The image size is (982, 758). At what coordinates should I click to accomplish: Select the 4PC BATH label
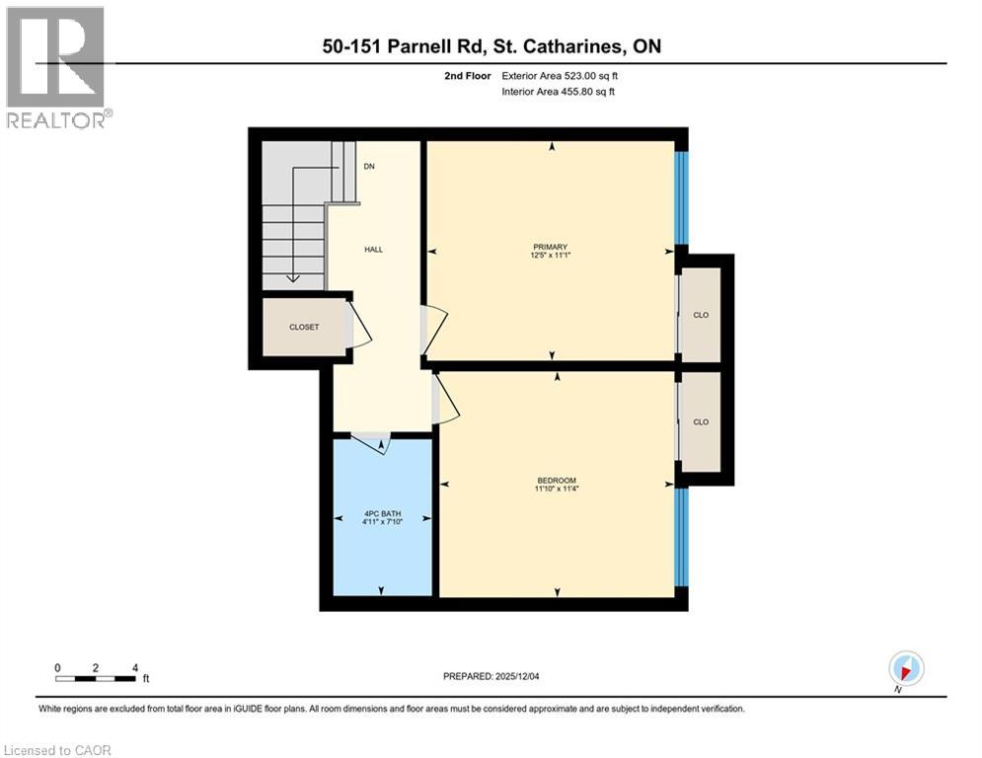(383, 517)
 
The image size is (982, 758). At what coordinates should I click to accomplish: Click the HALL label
(373, 250)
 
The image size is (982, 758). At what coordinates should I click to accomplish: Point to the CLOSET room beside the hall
(303, 327)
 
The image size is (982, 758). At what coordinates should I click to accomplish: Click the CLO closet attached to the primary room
(701, 315)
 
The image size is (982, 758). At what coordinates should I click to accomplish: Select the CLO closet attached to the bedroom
(701, 421)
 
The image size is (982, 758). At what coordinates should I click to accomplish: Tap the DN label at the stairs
(369, 167)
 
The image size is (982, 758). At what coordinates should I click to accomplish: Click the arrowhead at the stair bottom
(293, 278)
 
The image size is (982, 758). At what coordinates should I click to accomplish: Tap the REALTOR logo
(57, 66)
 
